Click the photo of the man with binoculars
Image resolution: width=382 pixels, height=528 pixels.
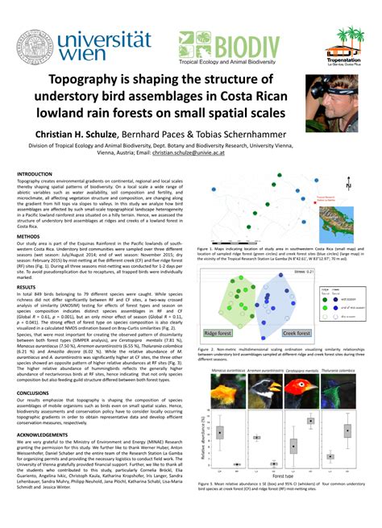332,102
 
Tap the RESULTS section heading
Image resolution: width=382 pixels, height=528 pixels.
27,287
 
